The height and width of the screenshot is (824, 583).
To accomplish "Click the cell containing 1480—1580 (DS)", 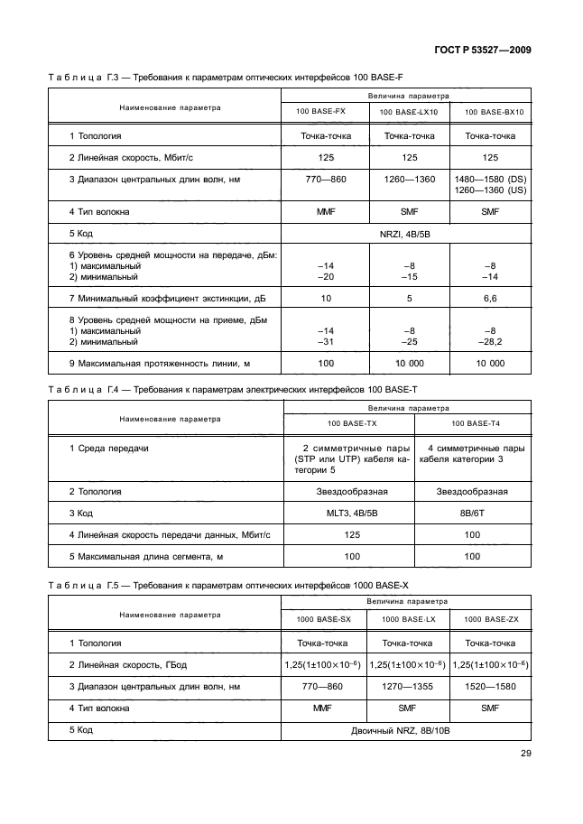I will pyautogui.click(x=491, y=179).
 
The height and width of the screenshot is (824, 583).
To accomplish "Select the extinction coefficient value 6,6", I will pyautogui.click(x=491, y=297).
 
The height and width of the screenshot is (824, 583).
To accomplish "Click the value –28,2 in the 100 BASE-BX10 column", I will pyautogui.click(x=491, y=342).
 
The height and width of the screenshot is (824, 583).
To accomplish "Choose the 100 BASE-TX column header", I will pyautogui.click(x=347, y=422).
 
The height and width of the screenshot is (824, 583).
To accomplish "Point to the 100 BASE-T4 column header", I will pyautogui.click(x=470, y=422).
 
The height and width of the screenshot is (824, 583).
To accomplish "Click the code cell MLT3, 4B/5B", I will pyautogui.click(x=347, y=514).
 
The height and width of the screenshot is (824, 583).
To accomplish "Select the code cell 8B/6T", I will pyautogui.click(x=470, y=514).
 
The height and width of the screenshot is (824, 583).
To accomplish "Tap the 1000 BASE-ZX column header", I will pyautogui.click(x=491, y=619).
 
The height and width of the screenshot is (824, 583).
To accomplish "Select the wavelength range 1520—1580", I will pyautogui.click(x=491, y=687).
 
